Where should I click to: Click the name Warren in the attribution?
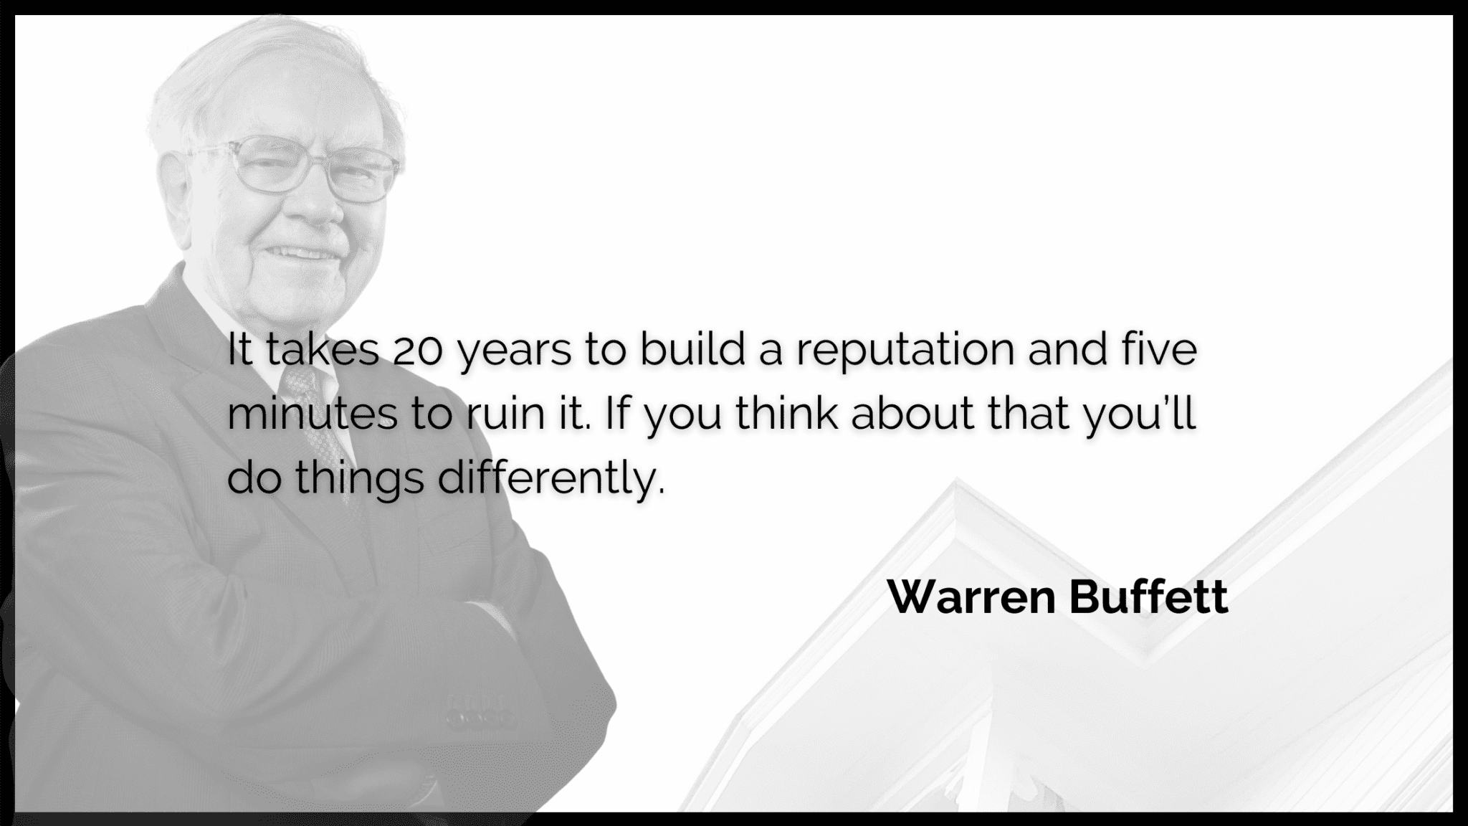(x=972, y=597)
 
